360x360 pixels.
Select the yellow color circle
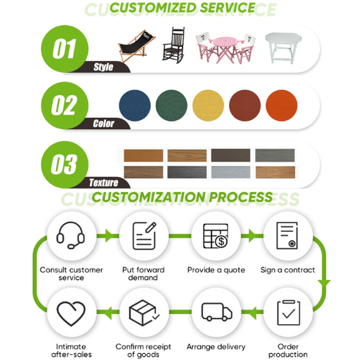coord(208,105)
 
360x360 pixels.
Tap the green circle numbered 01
coord(63,48)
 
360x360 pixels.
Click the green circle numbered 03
coord(63,163)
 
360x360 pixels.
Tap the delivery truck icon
coord(216,312)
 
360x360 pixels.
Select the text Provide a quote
coord(216,270)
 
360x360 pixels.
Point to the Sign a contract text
coord(287,270)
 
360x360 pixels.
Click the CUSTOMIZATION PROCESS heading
coord(182,196)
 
